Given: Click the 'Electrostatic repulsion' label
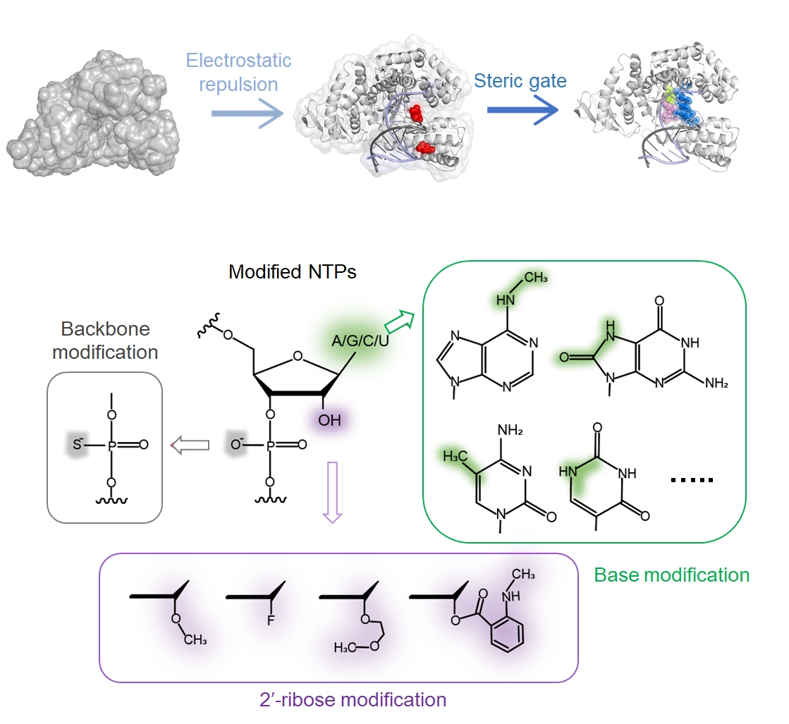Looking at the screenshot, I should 238,72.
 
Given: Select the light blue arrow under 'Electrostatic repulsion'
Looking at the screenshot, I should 246,113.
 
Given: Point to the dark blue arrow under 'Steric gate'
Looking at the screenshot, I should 522,110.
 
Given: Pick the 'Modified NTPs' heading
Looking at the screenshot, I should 292,271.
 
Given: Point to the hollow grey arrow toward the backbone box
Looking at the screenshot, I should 191,445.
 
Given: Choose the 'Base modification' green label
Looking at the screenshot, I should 671,575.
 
